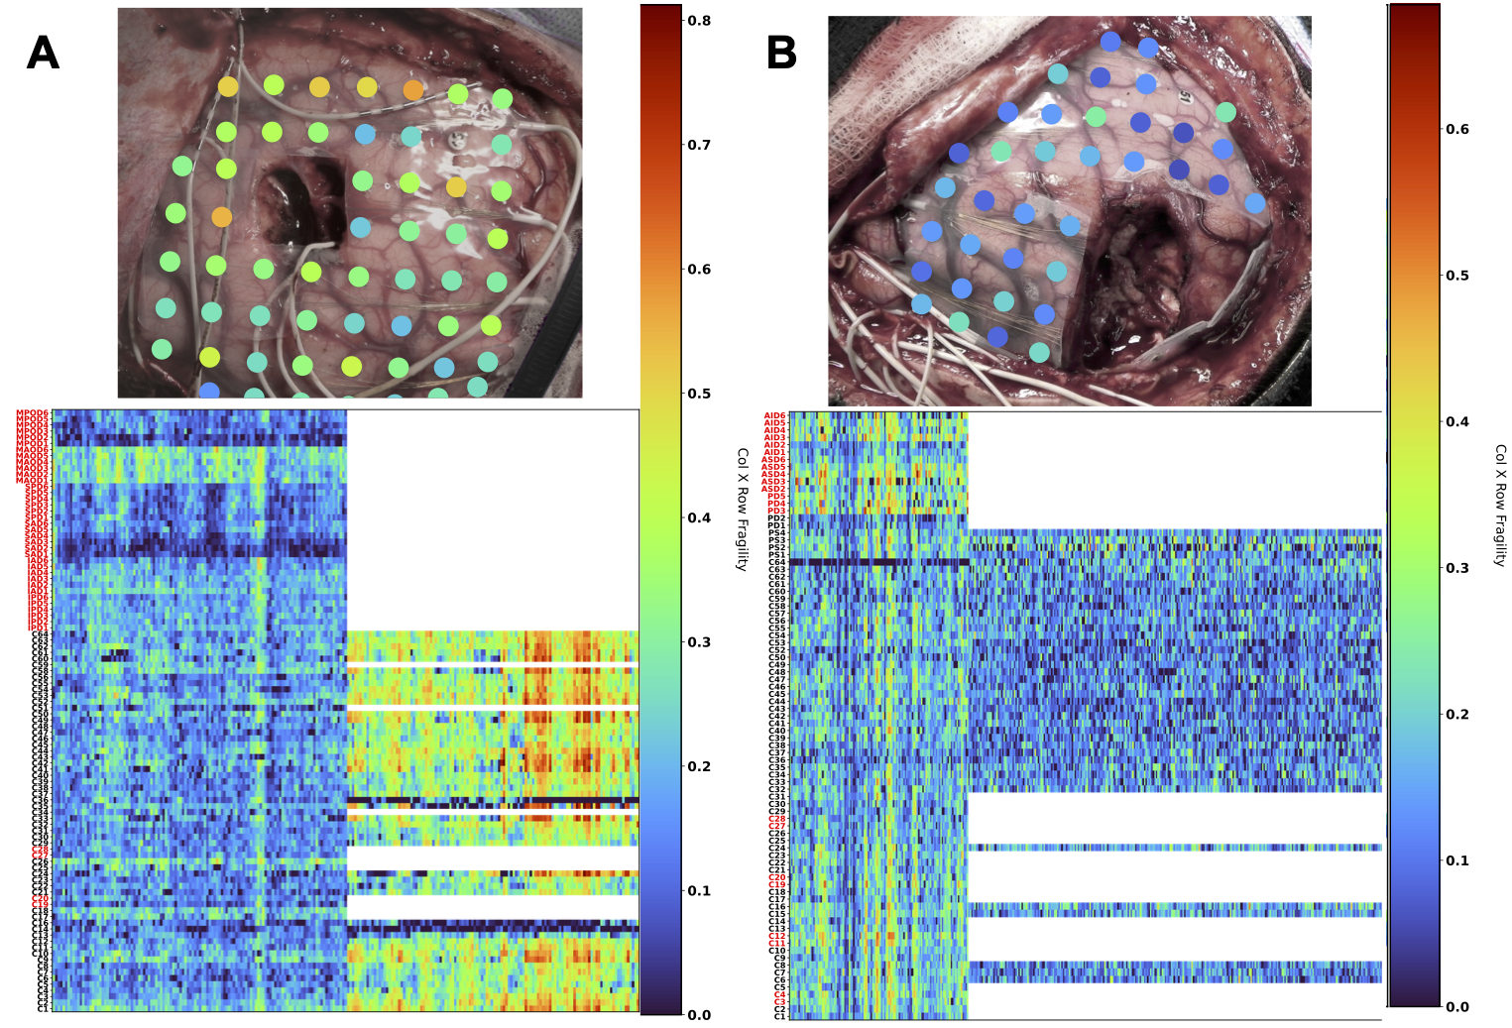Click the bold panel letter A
point(43,53)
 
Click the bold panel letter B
point(781,53)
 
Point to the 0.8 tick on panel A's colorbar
point(699,21)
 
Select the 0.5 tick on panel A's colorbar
point(699,394)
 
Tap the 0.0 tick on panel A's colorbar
point(699,1014)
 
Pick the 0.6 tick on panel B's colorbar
point(1456,129)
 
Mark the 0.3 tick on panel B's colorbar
point(1456,568)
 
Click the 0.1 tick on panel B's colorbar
point(1456,860)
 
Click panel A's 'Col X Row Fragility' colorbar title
point(742,509)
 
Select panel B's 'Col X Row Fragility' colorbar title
point(1499,505)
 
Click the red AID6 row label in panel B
point(774,416)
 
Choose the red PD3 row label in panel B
point(776,512)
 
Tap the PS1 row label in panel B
point(776,555)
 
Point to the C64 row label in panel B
point(776,563)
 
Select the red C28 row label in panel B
point(776,819)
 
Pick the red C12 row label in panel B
point(776,937)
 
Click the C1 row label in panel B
point(779,1016)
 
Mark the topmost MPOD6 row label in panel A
point(33,414)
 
